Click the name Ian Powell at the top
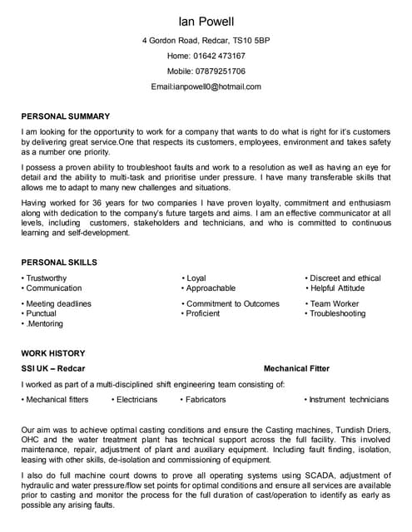(206, 20)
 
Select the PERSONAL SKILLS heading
(59, 262)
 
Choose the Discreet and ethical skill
(345, 278)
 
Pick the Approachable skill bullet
(211, 288)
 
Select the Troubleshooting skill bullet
(338, 314)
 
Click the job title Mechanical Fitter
(296, 368)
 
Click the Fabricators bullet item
(206, 400)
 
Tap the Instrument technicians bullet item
(349, 400)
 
